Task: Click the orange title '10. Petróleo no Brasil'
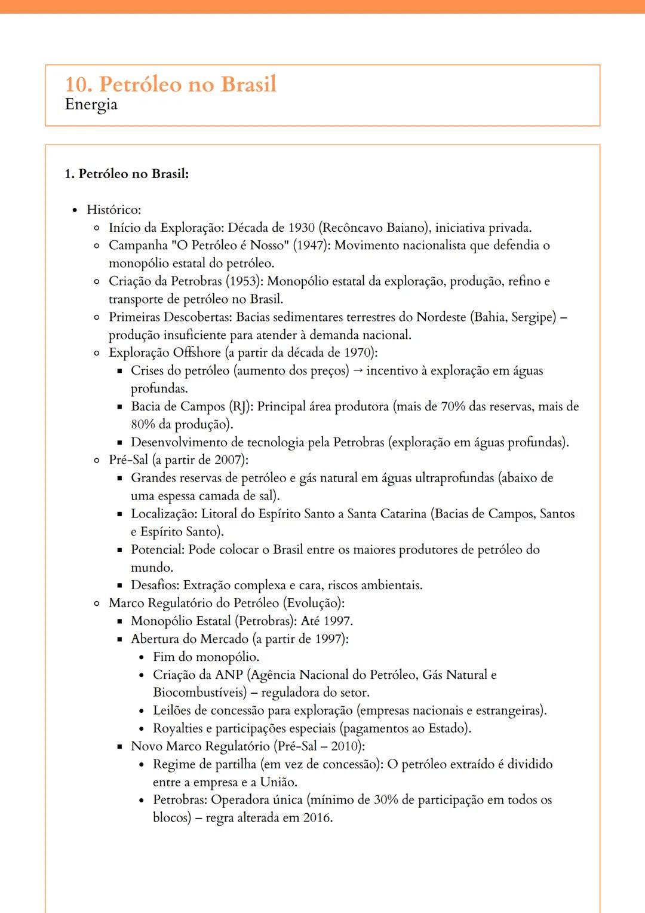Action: tap(171, 84)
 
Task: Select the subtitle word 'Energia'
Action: tap(91, 105)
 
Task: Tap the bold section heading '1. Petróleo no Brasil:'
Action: tap(127, 174)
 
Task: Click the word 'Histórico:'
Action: tap(113, 210)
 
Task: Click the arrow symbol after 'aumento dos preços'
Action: tap(358, 370)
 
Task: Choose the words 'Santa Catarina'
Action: tap(386, 514)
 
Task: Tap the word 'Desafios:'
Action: tap(155, 585)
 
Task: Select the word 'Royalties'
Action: tap(178, 728)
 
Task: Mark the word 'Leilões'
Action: tap(171, 710)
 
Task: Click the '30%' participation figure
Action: tap(386, 800)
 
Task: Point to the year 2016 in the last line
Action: tap(317, 817)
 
